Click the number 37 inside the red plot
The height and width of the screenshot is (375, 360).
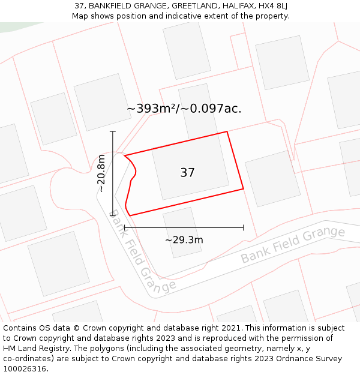187,173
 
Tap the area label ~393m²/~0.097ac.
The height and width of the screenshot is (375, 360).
184,109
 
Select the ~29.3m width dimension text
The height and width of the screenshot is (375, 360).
184,240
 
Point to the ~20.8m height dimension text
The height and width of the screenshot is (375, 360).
101,173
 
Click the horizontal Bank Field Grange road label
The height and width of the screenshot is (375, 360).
293,245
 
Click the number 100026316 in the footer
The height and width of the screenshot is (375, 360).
23,368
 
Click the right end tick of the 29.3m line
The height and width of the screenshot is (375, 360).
243,227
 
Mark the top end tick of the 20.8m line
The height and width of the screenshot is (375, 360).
113,131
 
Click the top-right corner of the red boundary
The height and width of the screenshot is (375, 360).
227,131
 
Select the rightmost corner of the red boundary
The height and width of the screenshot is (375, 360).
244,189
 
